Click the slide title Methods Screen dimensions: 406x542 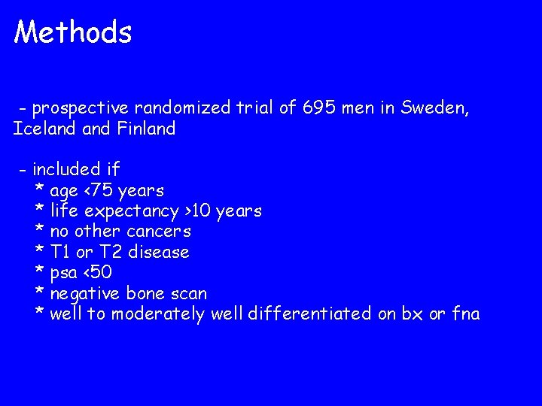(73, 32)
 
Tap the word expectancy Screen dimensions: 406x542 (137, 211)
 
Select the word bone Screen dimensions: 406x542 (145, 293)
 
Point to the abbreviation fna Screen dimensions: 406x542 (464, 314)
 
